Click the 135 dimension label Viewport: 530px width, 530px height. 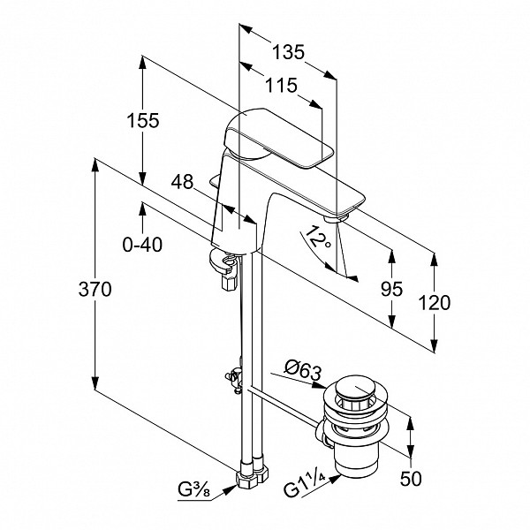[x=287, y=52]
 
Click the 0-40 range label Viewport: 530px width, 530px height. [x=143, y=245]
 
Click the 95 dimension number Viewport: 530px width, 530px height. [x=390, y=289]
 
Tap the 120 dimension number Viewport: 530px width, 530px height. [x=434, y=302]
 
